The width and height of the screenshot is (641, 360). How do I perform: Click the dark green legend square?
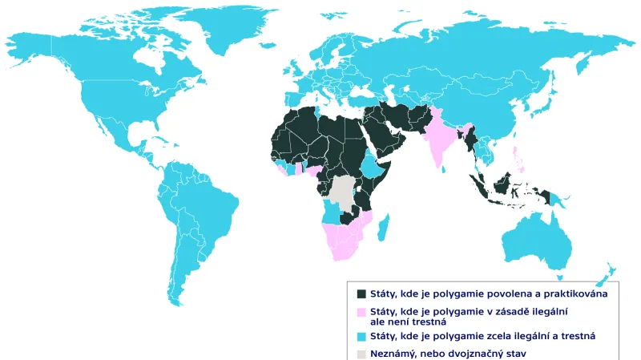361,294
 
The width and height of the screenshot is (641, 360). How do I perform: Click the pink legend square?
361,311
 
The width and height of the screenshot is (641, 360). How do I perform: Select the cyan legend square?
361,336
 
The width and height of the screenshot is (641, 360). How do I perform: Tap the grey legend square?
361,353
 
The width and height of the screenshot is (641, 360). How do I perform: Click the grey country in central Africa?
344,192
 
